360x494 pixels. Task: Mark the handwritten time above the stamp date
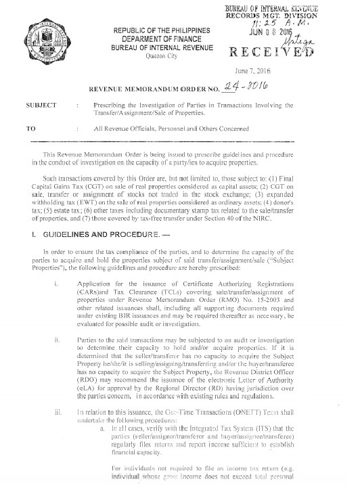click(x=308, y=22)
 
